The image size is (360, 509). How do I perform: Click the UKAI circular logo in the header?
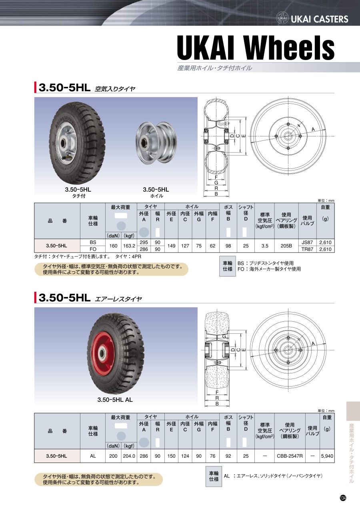click(x=282, y=18)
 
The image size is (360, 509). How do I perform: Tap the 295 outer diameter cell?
click(x=144, y=242)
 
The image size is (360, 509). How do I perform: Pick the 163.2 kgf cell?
click(x=129, y=246)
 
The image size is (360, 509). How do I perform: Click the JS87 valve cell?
click(x=307, y=242)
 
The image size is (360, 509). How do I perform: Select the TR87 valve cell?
click(x=307, y=249)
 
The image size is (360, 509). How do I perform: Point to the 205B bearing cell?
click(x=286, y=246)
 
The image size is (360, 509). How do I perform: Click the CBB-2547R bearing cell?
click(x=290, y=456)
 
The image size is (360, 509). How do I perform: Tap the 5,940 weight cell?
click(x=327, y=456)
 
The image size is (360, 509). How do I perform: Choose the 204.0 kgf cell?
click(x=129, y=456)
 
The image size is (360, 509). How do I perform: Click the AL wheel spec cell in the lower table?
click(x=93, y=456)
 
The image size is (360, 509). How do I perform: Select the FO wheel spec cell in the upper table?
click(x=93, y=249)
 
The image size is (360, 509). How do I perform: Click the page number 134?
click(x=343, y=498)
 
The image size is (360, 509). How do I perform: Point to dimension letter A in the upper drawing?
click(x=313, y=129)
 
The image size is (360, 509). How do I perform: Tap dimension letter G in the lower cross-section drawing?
click(x=224, y=336)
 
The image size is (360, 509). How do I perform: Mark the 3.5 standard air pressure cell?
click(x=265, y=246)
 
